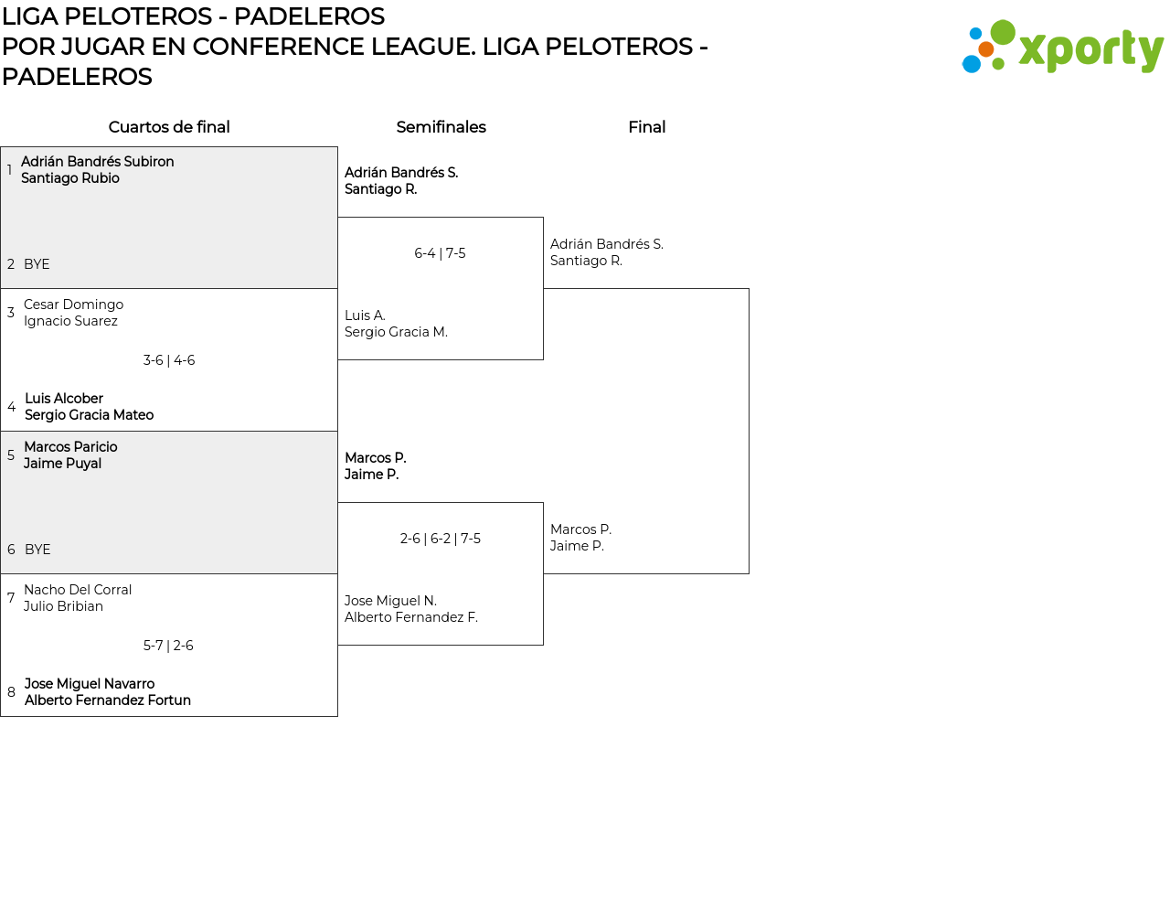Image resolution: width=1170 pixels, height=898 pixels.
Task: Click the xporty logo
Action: (x=1062, y=47)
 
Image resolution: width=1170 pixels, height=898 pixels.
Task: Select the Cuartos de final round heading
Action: (x=169, y=127)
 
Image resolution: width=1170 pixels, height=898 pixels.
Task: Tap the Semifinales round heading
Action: (x=441, y=127)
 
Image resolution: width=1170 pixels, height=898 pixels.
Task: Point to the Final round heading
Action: (x=646, y=127)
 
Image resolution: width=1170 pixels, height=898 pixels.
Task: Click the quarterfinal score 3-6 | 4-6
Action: (x=169, y=360)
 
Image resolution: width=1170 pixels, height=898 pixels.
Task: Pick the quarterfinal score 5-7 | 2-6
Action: (x=168, y=646)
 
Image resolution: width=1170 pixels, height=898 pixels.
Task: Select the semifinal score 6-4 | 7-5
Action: (x=440, y=253)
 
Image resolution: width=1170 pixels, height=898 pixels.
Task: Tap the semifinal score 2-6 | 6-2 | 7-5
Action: (x=440, y=539)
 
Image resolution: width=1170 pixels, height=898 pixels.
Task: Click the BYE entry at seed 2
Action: (x=37, y=264)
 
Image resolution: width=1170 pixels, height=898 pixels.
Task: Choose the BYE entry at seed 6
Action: (x=37, y=550)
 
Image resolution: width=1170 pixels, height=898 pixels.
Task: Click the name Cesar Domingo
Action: (x=74, y=305)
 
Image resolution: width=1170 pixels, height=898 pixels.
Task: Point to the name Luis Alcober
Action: (x=64, y=399)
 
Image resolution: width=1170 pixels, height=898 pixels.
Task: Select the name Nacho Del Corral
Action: (x=78, y=590)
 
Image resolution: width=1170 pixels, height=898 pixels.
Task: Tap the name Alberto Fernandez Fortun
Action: (x=108, y=700)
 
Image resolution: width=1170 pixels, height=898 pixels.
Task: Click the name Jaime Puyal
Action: (x=62, y=464)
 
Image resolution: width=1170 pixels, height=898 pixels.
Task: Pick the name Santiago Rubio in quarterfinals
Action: (x=70, y=178)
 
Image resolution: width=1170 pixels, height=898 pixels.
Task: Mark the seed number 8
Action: (x=11, y=692)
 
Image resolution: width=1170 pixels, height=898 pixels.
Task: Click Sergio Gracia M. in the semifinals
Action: (x=397, y=332)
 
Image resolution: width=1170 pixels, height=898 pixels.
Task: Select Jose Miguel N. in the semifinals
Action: (x=391, y=601)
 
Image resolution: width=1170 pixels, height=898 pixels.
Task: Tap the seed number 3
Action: (x=11, y=313)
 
